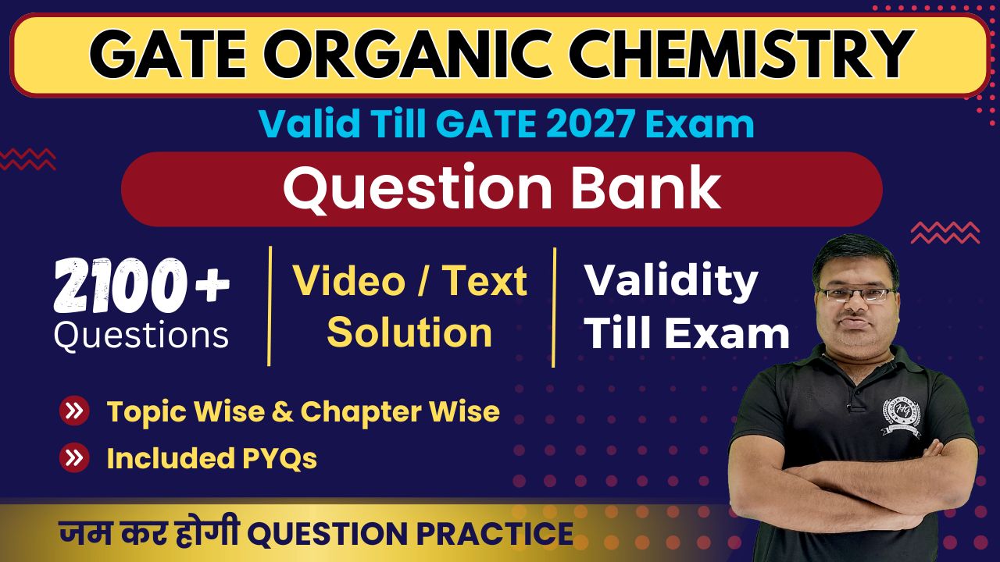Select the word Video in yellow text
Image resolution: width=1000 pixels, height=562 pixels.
click(348, 281)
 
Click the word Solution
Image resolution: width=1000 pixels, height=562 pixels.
click(409, 333)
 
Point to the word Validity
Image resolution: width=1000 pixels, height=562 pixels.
click(671, 283)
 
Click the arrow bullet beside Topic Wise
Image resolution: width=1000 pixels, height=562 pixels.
click(74, 411)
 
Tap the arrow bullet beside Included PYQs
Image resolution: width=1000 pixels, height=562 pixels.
click(74, 457)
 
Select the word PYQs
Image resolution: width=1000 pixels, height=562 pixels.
click(280, 459)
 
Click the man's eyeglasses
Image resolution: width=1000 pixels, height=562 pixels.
click(858, 293)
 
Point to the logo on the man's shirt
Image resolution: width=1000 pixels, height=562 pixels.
click(901, 416)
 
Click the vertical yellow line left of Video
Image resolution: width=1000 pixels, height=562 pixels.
click(270, 306)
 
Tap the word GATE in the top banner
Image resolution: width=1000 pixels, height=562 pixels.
click(168, 55)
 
